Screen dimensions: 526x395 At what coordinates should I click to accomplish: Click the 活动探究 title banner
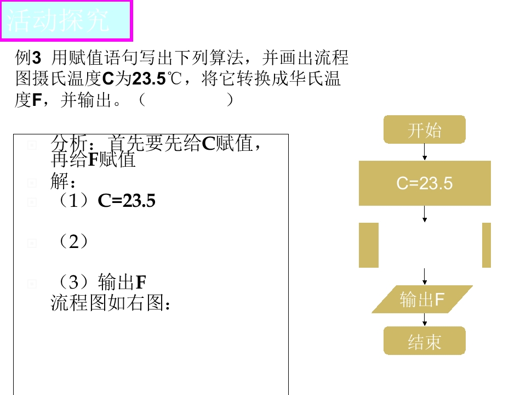(66, 20)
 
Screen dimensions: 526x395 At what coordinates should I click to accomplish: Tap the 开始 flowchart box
(424, 129)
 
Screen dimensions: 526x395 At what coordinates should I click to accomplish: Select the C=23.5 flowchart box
(425, 183)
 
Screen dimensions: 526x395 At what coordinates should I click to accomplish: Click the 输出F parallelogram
(422, 300)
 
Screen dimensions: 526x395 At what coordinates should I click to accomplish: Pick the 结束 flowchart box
(424, 341)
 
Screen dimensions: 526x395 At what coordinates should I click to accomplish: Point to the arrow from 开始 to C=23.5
(424, 152)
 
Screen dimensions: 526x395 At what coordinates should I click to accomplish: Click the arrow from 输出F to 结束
(424, 320)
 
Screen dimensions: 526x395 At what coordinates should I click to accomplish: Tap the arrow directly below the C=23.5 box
(424, 214)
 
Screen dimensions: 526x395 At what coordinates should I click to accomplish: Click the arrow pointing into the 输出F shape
(424, 276)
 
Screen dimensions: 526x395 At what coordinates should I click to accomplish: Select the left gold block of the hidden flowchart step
(369, 245)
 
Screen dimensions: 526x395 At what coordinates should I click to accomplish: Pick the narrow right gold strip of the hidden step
(487, 245)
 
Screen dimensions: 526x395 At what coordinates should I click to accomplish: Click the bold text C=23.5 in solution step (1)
(127, 201)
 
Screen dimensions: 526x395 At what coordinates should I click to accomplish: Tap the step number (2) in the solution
(73, 241)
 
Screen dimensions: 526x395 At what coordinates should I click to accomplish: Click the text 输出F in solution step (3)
(122, 282)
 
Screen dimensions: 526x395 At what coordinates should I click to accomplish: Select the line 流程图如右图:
(110, 303)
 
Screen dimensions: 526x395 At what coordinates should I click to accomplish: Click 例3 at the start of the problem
(28, 58)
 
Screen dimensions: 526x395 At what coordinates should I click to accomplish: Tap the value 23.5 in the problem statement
(149, 78)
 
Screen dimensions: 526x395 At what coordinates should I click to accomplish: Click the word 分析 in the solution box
(70, 144)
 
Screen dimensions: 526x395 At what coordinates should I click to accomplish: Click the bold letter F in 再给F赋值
(92, 159)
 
